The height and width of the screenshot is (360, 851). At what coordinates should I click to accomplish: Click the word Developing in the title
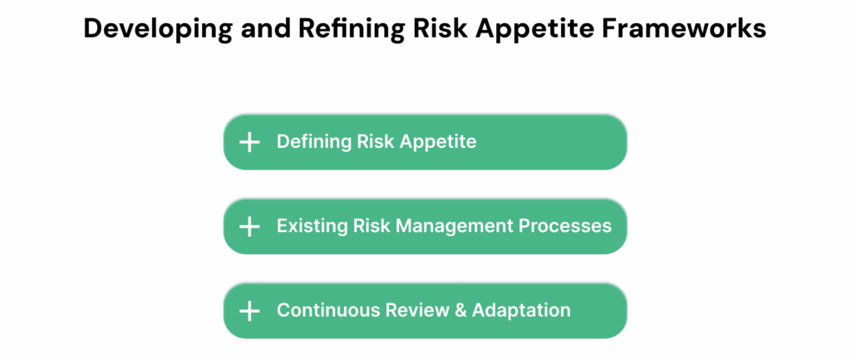click(157, 29)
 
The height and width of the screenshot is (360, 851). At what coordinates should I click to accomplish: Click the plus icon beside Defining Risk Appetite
click(249, 142)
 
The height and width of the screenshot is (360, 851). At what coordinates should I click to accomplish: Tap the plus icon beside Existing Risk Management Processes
click(249, 226)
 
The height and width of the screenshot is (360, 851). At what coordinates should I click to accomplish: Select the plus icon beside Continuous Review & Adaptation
click(249, 311)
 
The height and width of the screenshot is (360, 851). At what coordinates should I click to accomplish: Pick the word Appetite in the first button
click(438, 142)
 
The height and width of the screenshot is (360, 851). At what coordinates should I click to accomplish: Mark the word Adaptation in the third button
click(522, 311)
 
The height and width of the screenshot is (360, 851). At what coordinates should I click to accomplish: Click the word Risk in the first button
click(376, 141)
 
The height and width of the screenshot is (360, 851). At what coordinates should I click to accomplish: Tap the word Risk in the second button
click(371, 226)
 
